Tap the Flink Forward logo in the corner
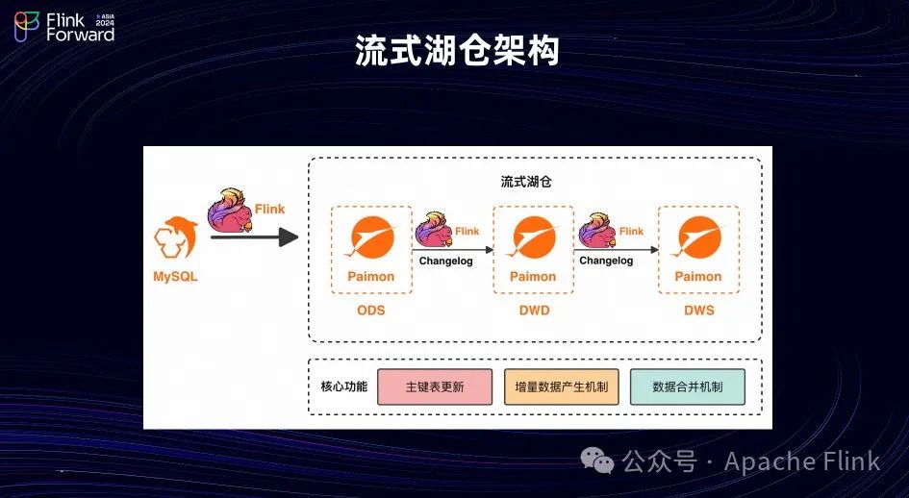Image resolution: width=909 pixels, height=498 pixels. (x=64, y=27)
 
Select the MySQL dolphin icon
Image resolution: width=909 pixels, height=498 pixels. (x=177, y=241)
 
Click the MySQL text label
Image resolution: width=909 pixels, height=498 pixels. (x=177, y=277)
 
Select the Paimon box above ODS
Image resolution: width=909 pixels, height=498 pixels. (x=370, y=249)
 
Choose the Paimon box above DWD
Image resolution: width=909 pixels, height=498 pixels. (x=533, y=249)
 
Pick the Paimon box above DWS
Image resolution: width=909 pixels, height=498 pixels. (x=698, y=249)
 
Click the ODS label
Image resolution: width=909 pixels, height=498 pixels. (x=370, y=311)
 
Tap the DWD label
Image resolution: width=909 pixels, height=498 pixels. (x=533, y=311)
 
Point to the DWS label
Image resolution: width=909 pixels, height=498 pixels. (x=698, y=311)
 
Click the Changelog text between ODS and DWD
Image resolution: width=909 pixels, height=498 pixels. (x=445, y=261)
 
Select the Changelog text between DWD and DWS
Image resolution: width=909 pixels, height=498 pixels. (x=606, y=261)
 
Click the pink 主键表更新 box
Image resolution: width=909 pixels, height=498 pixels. (x=435, y=386)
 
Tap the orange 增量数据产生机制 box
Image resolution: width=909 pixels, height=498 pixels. (x=561, y=386)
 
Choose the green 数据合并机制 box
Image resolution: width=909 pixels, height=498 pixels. (x=687, y=386)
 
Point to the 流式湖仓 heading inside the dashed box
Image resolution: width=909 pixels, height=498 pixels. (x=526, y=181)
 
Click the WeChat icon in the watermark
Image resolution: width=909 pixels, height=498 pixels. (x=602, y=462)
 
